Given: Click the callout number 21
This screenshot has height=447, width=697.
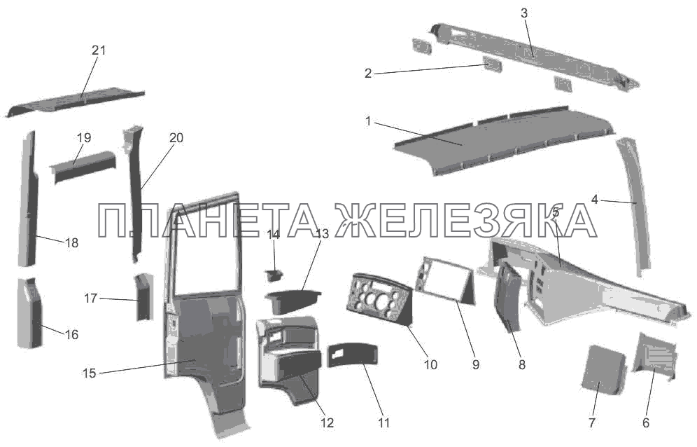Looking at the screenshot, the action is click(99, 50).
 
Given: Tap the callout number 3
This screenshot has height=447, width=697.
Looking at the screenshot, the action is click(523, 13).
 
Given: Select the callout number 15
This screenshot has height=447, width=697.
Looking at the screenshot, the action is click(90, 373).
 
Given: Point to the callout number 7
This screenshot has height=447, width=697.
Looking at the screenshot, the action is click(591, 422).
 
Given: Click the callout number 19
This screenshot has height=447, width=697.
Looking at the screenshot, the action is click(84, 138).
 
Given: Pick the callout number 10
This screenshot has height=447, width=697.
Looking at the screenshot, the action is click(430, 364).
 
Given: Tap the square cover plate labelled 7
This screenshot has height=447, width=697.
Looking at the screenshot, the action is click(604, 369).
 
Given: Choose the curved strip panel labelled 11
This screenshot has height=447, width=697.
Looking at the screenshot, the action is click(352, 355).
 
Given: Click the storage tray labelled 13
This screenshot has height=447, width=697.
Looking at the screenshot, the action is click(292, 301).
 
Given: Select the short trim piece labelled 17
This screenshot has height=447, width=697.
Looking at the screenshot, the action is click(143, 297).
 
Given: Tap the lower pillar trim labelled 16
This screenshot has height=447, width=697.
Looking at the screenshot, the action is click(30, 313).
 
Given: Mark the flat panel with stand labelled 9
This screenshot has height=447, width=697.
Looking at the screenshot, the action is click(445, 280).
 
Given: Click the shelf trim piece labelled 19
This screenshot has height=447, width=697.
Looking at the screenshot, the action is click(83, 167).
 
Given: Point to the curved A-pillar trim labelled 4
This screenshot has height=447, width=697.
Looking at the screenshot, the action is click(635, 207).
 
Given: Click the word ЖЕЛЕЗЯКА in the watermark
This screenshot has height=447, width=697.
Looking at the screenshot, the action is click(465, 221).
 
